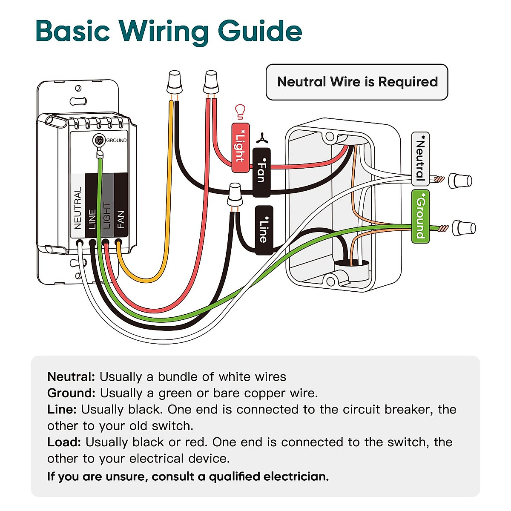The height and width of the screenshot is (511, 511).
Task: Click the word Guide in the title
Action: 260,32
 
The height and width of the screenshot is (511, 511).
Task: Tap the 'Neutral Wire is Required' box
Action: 357,82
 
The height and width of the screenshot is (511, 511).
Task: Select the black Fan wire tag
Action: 261,172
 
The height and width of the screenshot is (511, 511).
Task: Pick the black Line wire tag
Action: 264,230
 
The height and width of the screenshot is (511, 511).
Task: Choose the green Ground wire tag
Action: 420,216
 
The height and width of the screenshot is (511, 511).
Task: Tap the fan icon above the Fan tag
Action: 261,138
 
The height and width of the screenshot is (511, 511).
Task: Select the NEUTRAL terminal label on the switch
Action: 78,208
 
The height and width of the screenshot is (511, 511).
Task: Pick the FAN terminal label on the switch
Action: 121,220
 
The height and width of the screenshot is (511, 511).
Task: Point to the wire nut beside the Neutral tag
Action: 460,181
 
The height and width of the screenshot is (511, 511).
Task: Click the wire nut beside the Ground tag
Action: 463,228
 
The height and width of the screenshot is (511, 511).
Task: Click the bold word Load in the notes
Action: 64,442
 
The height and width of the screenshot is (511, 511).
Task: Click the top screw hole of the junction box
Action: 329,137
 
